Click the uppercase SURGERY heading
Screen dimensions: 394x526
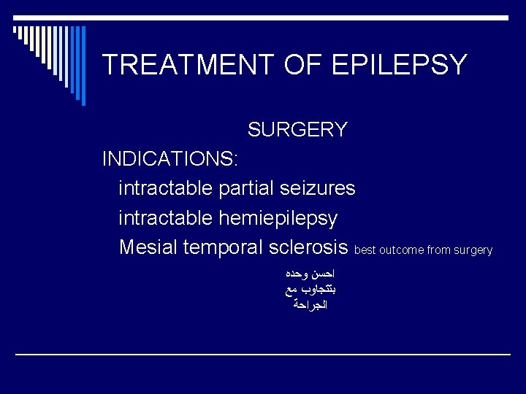(297, 130)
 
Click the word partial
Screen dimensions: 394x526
(246, 188)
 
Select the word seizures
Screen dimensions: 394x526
(319, 188)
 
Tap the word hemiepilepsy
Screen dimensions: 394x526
(278, 217)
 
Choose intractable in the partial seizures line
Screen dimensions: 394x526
(166, 188)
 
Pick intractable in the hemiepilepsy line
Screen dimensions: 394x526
(166, 217)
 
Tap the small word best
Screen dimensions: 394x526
(365, 250)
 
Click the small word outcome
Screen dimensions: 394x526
(401, 250)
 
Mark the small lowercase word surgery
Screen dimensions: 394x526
(473, 250)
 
